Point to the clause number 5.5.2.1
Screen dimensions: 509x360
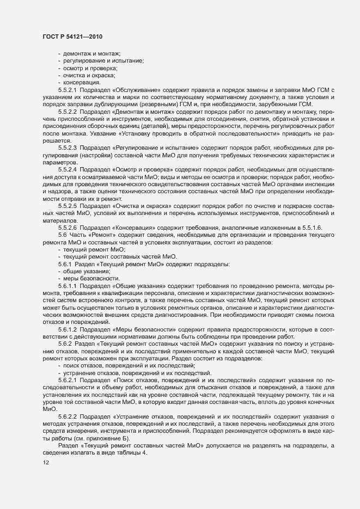(x=68, y=89)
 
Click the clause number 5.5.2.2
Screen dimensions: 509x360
(x=68, y=111)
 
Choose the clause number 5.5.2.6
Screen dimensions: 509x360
(x=68, y=228)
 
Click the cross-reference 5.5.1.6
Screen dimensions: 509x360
(x=260, y=228)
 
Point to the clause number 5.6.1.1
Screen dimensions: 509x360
(x=68, y=285)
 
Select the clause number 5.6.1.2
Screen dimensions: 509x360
(x=68, y=329)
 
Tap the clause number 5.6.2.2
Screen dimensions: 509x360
(x=68, y=415)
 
